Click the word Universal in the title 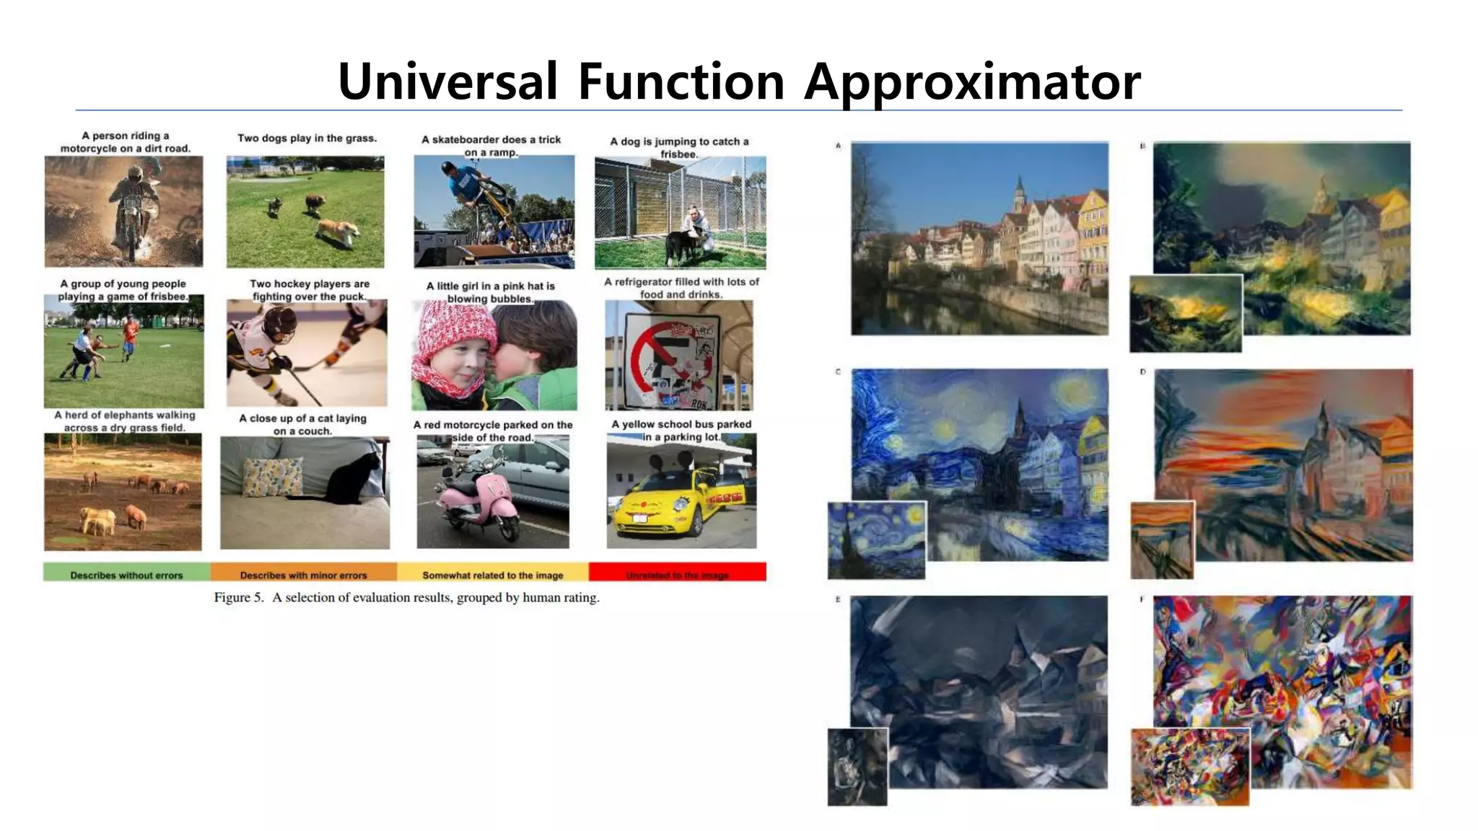(x=447, y=81)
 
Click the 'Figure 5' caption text (x=406, y=597)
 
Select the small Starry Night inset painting (x=876, y=540)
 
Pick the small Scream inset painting (x=1162, y=540)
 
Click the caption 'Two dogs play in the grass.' (x=307, y=138)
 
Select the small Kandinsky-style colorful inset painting (x=1189, y=766)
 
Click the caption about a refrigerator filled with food (x=681, y=288)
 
